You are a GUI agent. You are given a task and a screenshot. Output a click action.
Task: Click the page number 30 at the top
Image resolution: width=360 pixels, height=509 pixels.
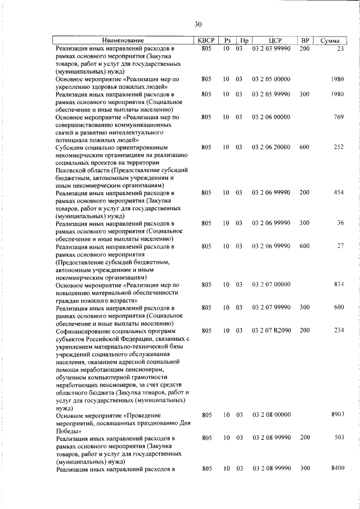tap(197, 24)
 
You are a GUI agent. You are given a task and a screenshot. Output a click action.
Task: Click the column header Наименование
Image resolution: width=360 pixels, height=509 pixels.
tap(123, 40)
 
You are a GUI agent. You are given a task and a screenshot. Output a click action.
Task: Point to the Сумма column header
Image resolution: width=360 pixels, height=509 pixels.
tap(330, 40)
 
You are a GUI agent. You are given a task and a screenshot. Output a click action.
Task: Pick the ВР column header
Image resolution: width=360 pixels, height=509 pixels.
tap(305, 40)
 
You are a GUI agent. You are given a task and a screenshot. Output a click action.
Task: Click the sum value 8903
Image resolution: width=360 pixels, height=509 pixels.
tap(336, 415)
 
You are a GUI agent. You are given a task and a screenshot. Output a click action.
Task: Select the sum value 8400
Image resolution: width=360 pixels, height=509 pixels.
tap(336, 469)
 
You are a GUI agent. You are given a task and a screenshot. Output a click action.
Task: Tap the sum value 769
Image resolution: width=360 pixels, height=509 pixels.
tap(338, 117)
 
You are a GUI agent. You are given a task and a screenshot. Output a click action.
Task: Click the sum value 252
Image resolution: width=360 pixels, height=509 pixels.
tap(338, 147)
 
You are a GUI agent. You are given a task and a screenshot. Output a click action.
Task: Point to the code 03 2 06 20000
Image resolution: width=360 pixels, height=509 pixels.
tap(271, 147)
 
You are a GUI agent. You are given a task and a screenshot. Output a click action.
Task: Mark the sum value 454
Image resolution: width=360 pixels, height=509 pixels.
tap(338, 193)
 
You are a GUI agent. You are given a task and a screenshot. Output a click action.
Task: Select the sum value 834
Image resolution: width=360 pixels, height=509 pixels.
tap(338, 285)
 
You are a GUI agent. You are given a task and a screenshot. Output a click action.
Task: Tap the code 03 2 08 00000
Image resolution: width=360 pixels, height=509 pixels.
tap(271, 415)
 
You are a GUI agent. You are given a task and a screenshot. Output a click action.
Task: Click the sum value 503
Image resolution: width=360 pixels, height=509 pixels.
tap(338, 438)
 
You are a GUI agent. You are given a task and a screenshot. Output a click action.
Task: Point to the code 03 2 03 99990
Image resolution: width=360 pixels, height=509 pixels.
tap(271, 49)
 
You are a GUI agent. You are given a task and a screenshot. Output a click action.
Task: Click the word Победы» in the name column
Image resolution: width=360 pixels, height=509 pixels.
tap(68, 430)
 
